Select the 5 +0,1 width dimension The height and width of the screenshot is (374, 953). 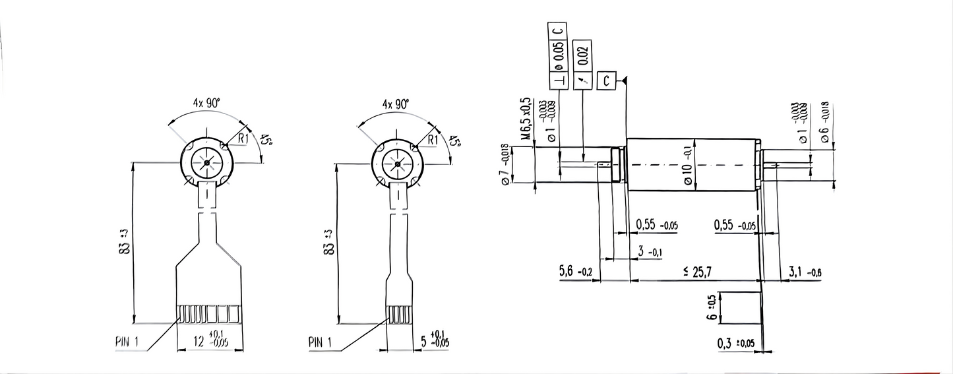[435, 341]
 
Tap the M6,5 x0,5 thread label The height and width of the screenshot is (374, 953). [526, 119]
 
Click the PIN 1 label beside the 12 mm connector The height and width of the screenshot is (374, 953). [125, 342]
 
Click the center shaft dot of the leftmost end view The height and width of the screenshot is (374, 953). [207, 162]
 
